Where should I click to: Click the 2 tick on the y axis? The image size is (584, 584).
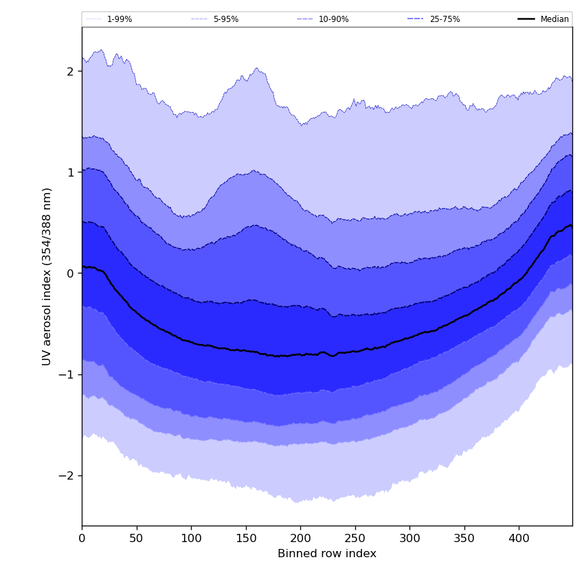71,71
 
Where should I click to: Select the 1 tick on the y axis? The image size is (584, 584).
71,172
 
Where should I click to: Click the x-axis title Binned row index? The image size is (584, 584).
327,554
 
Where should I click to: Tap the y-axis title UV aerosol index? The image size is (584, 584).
47,276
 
